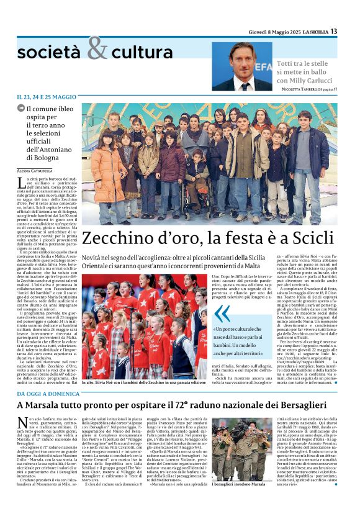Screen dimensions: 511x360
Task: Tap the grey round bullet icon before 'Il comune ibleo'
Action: pyautogui.click(x=20, y=109)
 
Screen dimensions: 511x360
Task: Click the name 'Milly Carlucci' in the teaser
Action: pyautogui.click(x=309, y=81)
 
